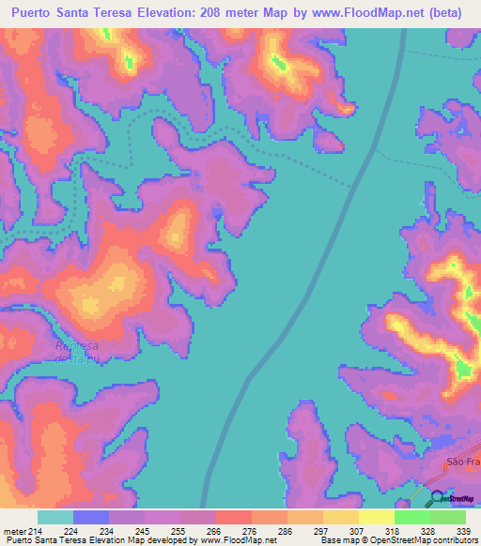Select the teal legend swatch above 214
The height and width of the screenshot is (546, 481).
point(55,516)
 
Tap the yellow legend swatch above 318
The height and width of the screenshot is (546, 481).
point(376,516)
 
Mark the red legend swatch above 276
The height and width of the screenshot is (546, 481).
point(233,516)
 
